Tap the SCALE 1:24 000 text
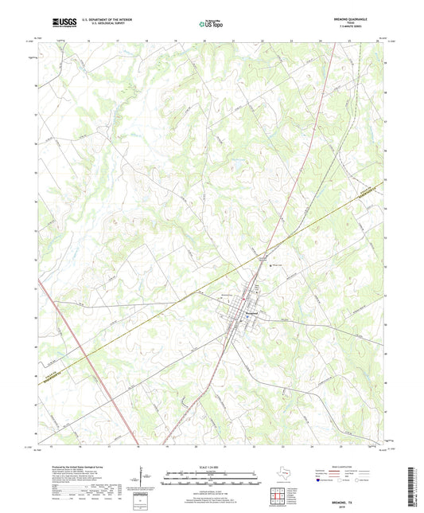[211, 467]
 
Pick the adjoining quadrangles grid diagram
[279, 496]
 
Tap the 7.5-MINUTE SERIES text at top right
[354, 28]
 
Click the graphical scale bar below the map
[211, 478]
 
